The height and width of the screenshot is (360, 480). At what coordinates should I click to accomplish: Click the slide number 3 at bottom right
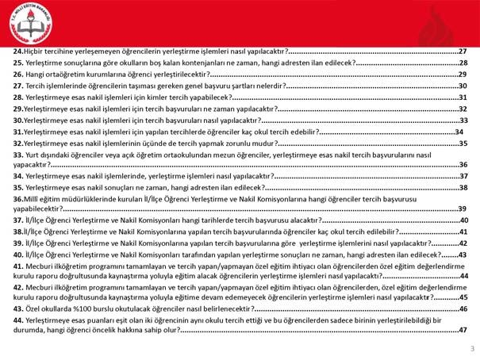[x=471, y=348]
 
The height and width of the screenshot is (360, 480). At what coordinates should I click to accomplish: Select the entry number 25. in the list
[x=18, y=63]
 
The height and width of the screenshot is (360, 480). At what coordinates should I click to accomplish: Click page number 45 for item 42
[x=463, y=297]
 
